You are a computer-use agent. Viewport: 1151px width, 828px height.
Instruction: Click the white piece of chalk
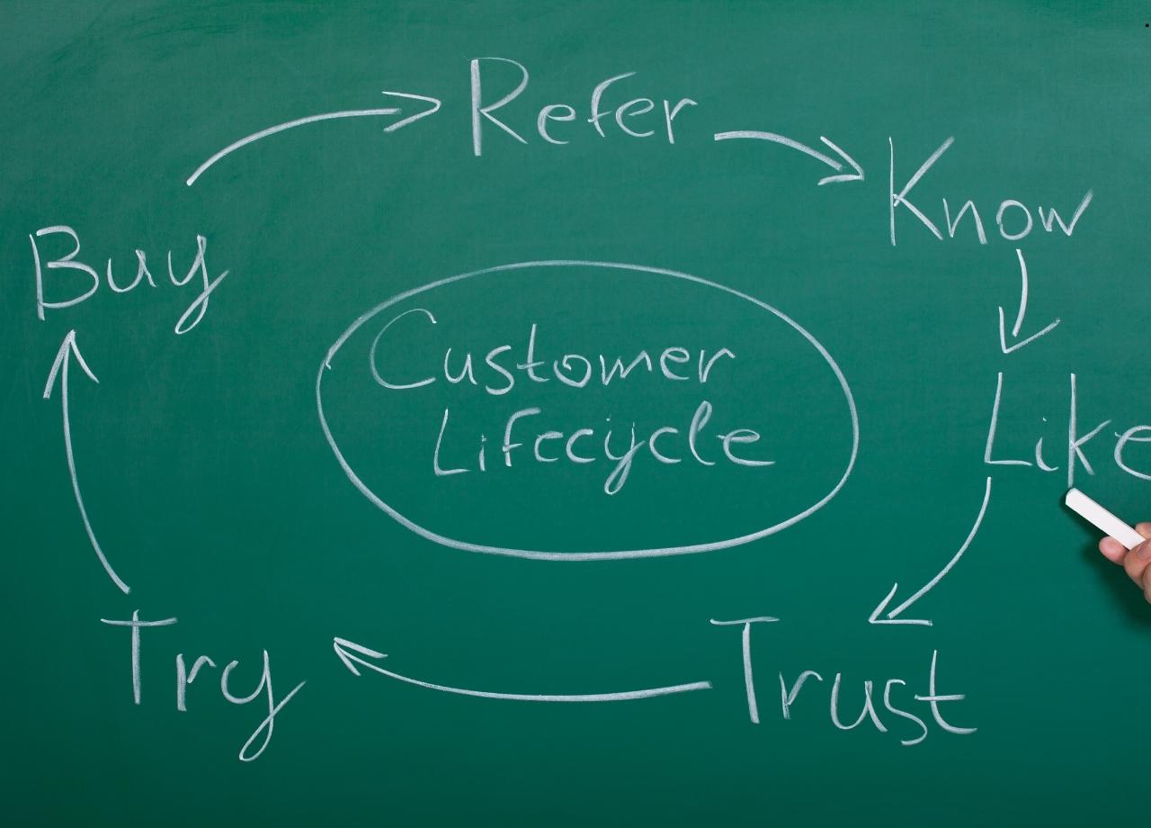pos(1105,517)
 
